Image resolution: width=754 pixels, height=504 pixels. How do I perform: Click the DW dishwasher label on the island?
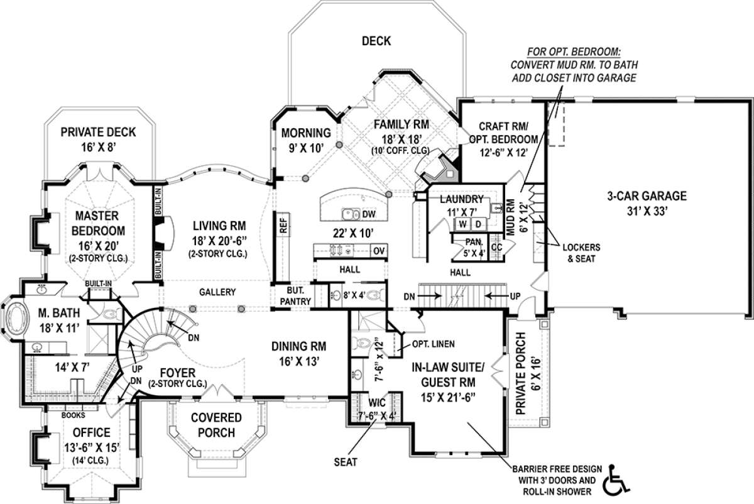369,214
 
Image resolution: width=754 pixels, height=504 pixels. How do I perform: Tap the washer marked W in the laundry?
462,224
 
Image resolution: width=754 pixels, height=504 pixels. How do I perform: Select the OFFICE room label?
92,432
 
